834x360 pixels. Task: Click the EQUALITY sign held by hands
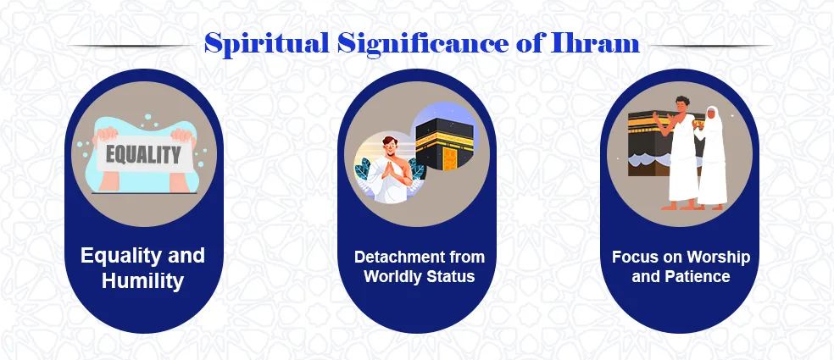pyautogui.click(x=142, y=156)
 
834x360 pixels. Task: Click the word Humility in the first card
pyautogui.click(x=142, y=281)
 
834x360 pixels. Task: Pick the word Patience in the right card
pyautogui.click(x=698, y=276)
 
